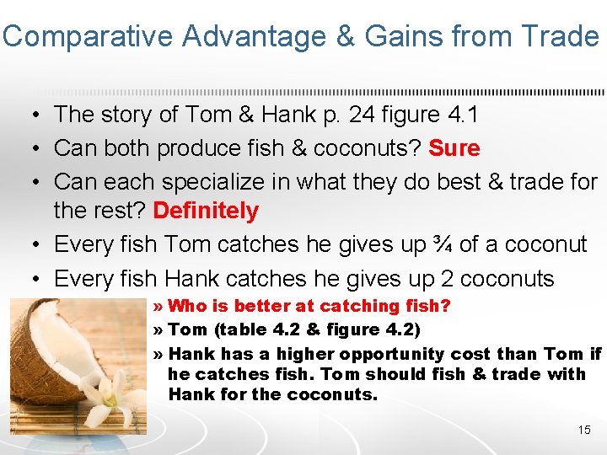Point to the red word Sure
click(x=454, y=148)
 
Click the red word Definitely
click(x=206, y=211)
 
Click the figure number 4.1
click(x=422, y=114)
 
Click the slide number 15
click(x=584, y=430)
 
